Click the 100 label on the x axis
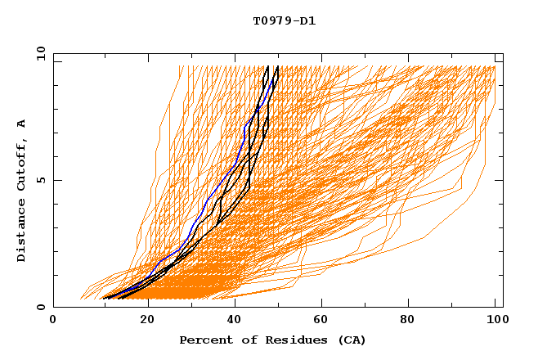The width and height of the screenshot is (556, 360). [495, 321]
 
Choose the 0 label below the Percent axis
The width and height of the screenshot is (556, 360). [53, 321]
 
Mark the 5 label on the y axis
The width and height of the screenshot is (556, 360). [40, 180]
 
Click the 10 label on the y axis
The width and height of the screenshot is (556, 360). [38, 53]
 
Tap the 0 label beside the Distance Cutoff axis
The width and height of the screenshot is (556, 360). [40, 308]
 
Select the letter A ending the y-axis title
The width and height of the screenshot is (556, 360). [22, 124]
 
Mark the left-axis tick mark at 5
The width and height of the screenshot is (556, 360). [56, 180]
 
